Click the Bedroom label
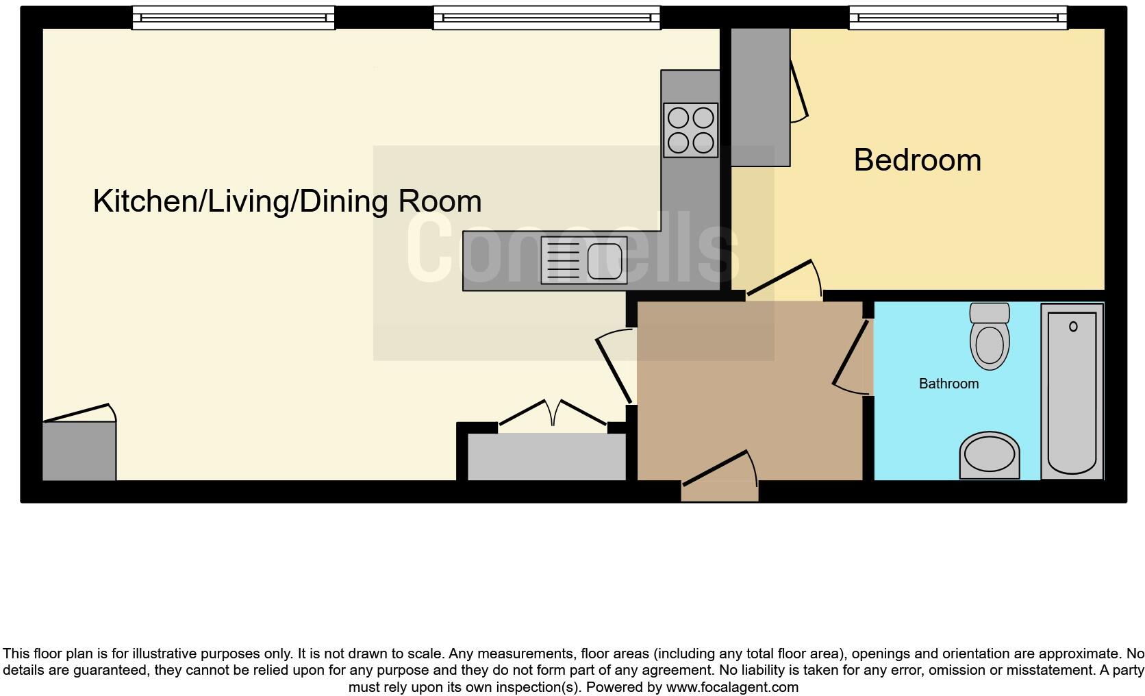pyautogui.click(x=917, y=160)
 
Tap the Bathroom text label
pyautogui.click(x=948, y=384)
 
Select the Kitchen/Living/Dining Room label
pyautogui.click(x=287, y=201)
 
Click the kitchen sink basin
pyautogui.click(x=604, y=261)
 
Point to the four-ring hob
pyautogui.click(x=690, y=130)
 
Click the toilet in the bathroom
pyautogui.click(x=990, y=337)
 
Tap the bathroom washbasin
pyautogui.click(x=990, y=455)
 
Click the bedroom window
pyautogui.click(x=957, y=18)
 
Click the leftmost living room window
pyautogui.click(x=233, y=18)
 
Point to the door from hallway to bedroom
pyautogui.click(x=781, y=278)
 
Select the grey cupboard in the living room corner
pyautogui.click(x=79, y=451)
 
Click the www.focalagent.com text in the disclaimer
pyautogui.click(x=731, y=687)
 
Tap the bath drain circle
pyautogui.click(x=1073, y=327)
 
